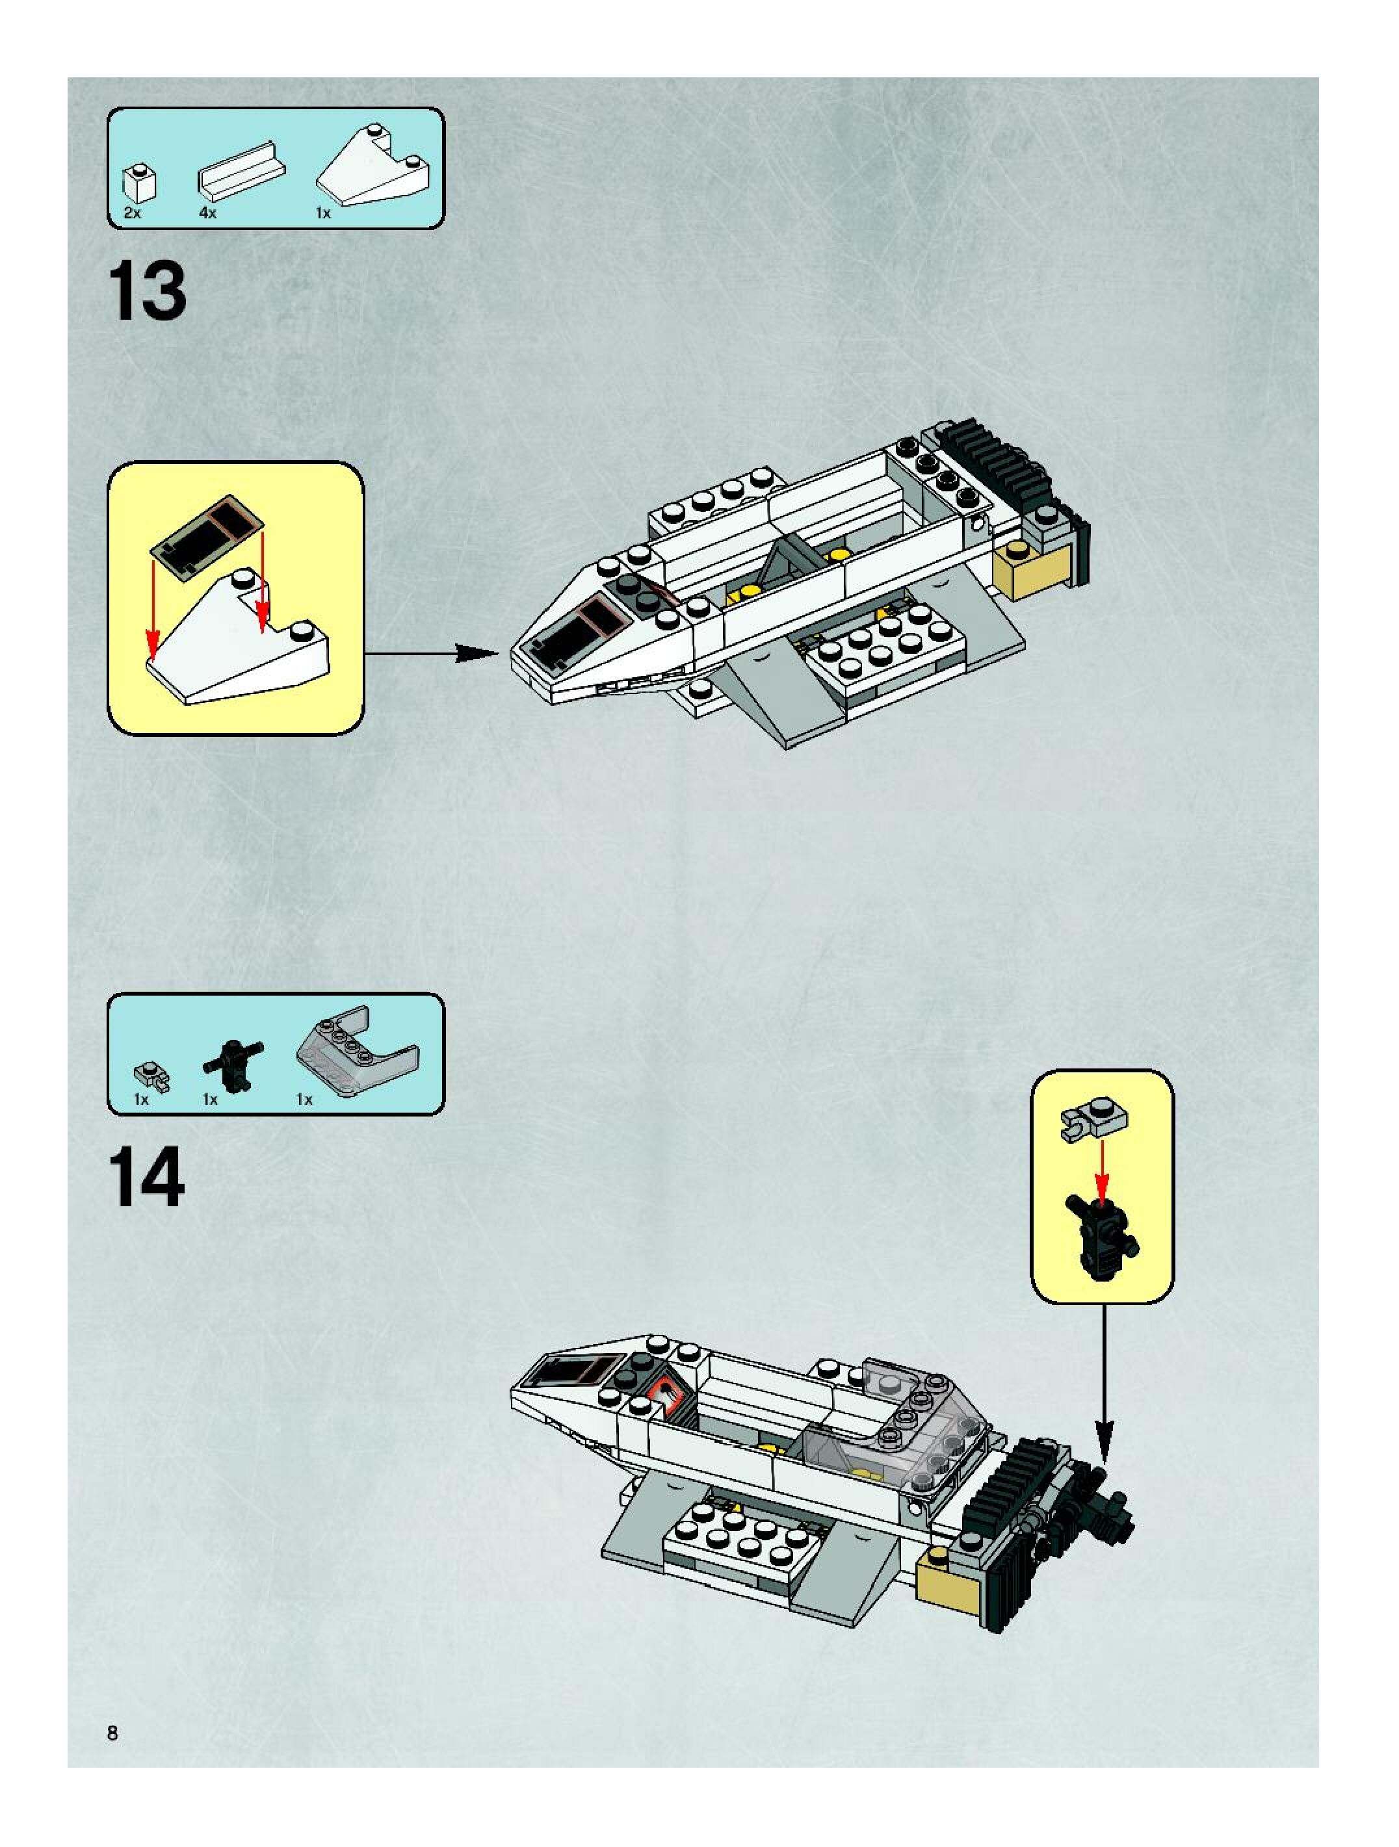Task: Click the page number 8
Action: tap(112, 1732)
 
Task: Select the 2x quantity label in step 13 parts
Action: tap(132, 213)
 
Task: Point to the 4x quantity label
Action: tap(208, 213)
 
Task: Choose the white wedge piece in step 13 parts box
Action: tap(375, 167)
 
